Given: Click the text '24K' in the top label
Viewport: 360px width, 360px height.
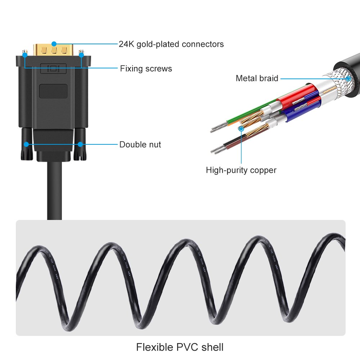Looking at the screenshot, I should click(127, 44).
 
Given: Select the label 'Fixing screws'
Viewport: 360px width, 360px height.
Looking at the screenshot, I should click(146, 68).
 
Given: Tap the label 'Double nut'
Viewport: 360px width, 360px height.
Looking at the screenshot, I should click(140, 145).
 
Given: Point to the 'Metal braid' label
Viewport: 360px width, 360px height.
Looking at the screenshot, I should click(257, 78).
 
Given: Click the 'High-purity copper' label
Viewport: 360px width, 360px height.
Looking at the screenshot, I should click(241, 170).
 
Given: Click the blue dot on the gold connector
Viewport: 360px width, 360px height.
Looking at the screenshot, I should click(54, 44).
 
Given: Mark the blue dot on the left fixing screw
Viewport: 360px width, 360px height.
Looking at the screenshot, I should click(25, 55).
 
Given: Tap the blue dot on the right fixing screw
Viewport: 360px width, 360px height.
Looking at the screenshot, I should click(81, 55).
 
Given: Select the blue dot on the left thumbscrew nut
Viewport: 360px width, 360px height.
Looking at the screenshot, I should click(26, 145).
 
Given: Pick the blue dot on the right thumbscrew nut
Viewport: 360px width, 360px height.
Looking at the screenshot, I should click(80, 145).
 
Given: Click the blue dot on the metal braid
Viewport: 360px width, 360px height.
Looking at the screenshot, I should click(348, 78).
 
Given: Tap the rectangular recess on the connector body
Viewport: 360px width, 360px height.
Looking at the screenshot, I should click(53, 91).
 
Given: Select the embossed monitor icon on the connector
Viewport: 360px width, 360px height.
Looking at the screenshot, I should click(53, 68).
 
